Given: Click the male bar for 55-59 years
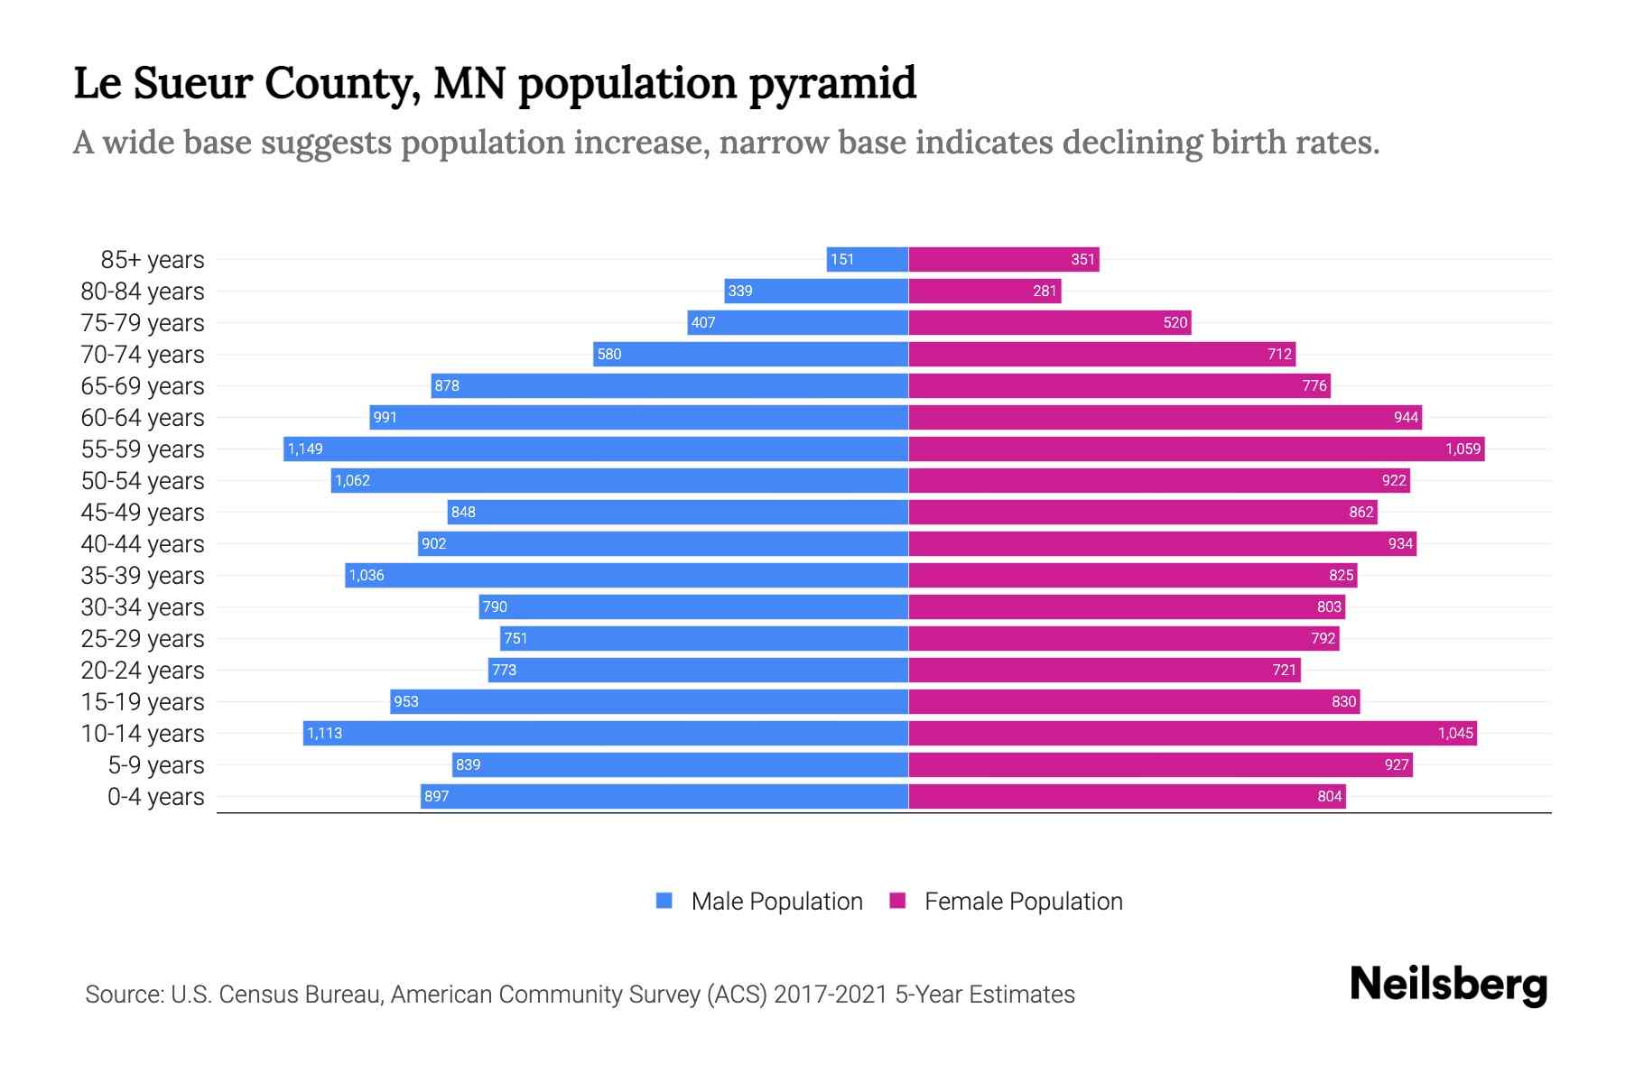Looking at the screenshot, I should pos(596,449).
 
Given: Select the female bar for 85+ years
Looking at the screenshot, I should pos(1002,260).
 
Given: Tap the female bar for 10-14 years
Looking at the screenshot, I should pos(1192,733).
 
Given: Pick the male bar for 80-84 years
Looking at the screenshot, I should pos(816,291).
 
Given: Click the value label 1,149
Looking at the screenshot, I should pos(305,449).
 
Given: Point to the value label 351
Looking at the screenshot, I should pos(1082,260).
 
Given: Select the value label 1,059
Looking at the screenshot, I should pos(1462,449).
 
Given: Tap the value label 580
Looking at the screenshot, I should pos(609,354).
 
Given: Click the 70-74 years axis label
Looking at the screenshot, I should pos(143,355).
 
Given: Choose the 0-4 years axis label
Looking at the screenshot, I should pos(155,797).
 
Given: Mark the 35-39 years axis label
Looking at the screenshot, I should pos(143,576).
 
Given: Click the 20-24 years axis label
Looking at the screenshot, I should pos(143,671).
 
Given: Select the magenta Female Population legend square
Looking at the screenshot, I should pos(897,901).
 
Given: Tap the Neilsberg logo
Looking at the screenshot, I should pos(1448,985).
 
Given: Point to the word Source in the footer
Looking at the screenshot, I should pos(124,995).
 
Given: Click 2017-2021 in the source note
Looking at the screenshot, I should pos(831,995).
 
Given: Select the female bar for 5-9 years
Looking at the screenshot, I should pos(1160,764).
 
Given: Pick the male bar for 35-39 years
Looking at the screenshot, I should pos(627,575).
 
